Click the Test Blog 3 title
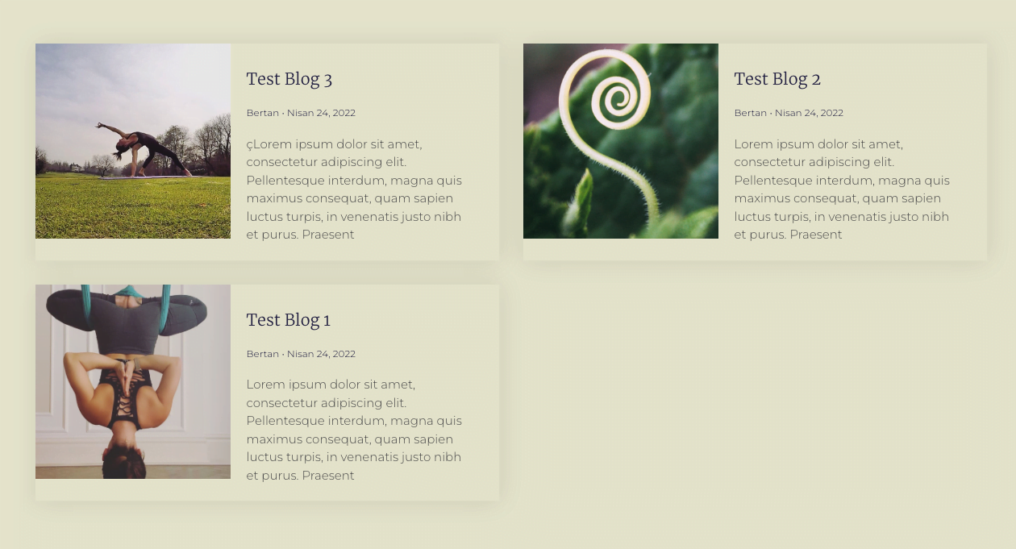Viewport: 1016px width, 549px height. (x=289, y=79)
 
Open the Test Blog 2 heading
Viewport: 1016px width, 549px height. (x=777, y=79)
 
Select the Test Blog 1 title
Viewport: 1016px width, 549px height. (x=288, y=320)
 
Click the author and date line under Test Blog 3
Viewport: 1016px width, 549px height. (x=301, y=113)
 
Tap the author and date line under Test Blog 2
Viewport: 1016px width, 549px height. (x=789, y=113)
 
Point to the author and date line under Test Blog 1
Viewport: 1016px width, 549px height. (x=301, y=354)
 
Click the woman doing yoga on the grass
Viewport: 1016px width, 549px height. (x=143, y=150)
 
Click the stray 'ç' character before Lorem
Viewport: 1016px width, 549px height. (x=249, y=145)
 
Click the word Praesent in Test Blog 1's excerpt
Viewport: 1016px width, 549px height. (x=327, y=476)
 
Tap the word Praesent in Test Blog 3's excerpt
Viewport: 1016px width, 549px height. (x=327, y=235)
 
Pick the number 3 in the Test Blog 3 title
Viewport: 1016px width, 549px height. (x=328, y=81)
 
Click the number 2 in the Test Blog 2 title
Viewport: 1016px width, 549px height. (x=816, y=80)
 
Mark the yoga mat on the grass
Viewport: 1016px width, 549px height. (x=150, y=177)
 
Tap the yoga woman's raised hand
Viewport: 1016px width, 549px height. (x=98, y=125)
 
